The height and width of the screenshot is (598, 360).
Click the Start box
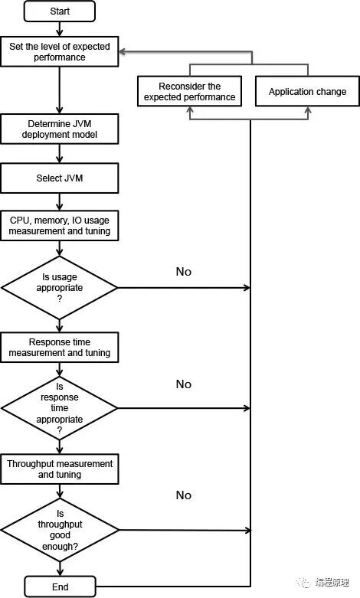[x=60, y=11]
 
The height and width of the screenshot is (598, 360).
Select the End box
[x=60, y=587]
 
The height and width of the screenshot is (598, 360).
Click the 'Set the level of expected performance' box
[x=60, y=51]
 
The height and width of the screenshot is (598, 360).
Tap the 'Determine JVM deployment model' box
[x=60, y=129]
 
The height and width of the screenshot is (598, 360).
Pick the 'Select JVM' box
[x=60, y=178]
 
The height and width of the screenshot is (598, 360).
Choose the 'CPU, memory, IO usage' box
[x=60, y=225]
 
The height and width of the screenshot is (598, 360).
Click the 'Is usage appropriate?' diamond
[x=60, y=288]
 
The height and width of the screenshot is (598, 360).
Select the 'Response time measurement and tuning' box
[x=60, y=347]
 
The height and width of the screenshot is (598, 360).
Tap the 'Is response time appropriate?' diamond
[x=60, y=408]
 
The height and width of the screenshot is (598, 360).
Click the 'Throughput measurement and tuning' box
[x=60, y=469]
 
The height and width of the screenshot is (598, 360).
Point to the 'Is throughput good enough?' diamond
[x=60, y=530]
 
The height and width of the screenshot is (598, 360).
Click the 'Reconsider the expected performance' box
[x=189, y=91]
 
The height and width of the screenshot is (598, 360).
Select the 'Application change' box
[x=307, y=91]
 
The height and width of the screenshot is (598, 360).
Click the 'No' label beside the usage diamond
[x=183, y=272]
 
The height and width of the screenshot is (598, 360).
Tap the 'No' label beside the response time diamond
[x=183, y=384]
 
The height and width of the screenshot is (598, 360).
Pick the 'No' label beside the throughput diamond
[x=183, y=495]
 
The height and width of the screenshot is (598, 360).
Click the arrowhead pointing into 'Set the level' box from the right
[x=123, y=52]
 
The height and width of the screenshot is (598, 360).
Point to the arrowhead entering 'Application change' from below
[x=308, y=110]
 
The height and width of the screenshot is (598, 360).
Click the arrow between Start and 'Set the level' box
[x=60, y=29]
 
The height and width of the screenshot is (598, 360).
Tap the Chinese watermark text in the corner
[x=332, y=583]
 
